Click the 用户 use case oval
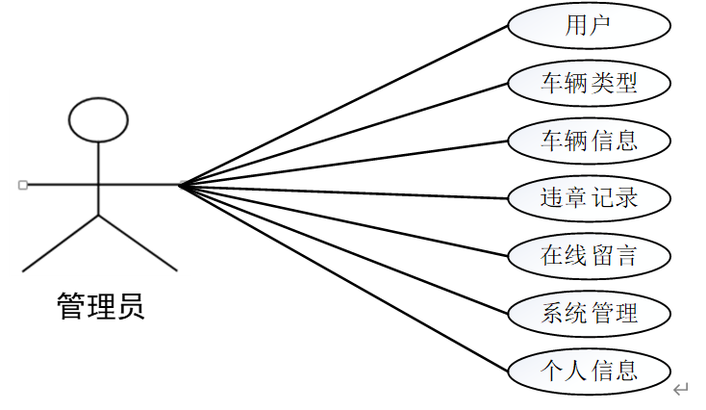(589, 27)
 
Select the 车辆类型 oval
(589, 84)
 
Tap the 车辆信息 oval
(589, 141)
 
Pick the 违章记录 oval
(589, 198)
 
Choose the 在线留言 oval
(589, 255)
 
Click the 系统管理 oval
(589, 313)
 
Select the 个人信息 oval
(589, 370)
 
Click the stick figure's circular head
(98, 118)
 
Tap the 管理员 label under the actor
(101, 306)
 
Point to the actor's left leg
(61, 243)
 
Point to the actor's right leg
(139, 243)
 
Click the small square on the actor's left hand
(23, 184)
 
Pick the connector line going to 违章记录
(343, 192)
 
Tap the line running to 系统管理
(343, 249)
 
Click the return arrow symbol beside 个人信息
(681, 389)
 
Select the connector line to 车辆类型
(343, 134)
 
